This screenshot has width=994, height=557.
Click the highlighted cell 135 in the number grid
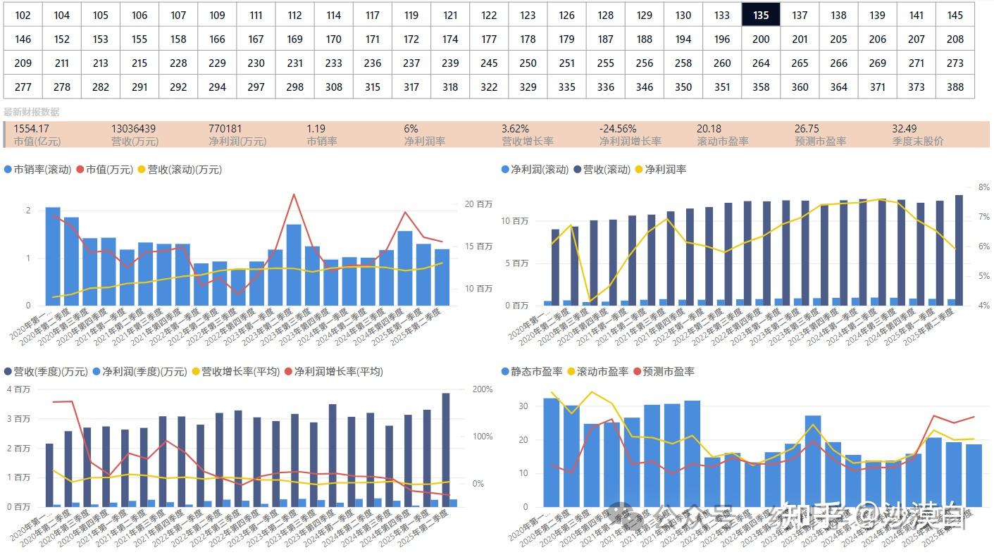point(760,15)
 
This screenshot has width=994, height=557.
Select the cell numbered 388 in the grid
point(955,87)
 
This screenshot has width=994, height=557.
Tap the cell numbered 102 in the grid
point(23,15)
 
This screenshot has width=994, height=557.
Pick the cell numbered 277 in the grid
point(23,87)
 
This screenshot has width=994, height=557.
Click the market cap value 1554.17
point(32,129)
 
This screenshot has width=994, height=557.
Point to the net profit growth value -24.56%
point(618,129)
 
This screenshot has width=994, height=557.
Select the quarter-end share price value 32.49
point(904,129)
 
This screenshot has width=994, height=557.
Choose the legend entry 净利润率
point(665,170)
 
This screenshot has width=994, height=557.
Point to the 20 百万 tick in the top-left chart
point(478,204)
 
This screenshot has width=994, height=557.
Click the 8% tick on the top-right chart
point(983,187)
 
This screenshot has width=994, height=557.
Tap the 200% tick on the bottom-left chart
point(482,389)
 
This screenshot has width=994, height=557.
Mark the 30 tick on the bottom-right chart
point(522,406)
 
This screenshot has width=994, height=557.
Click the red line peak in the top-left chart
point(294,194)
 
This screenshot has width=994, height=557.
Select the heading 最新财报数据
point(32,112)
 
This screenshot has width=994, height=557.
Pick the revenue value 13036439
point(133,129)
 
